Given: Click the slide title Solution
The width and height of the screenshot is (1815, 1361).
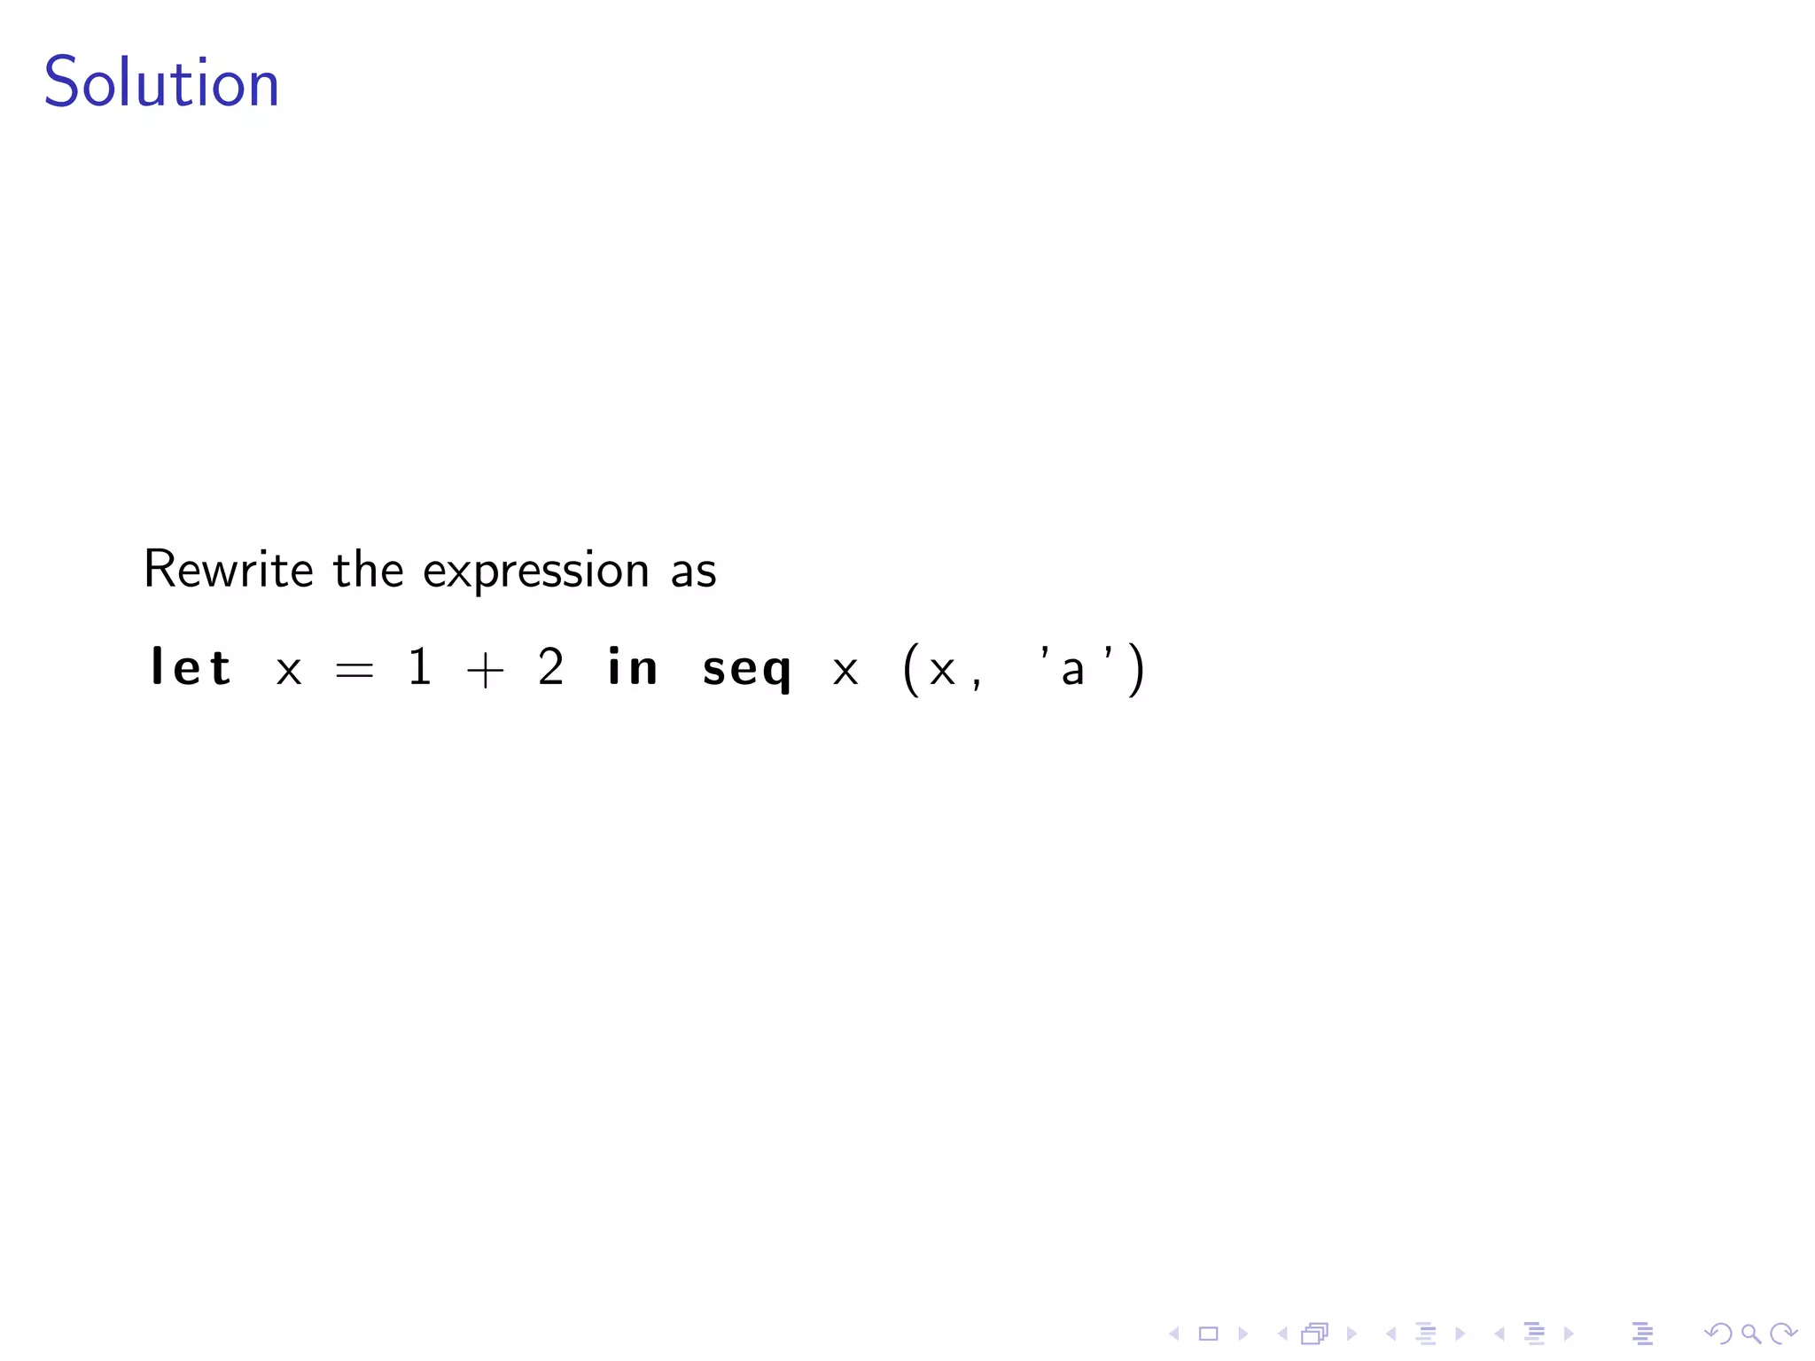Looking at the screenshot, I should [161, 82].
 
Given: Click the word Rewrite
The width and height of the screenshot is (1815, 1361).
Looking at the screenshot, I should [228, 569].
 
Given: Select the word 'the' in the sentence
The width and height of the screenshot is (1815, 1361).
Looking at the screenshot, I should [368, 569].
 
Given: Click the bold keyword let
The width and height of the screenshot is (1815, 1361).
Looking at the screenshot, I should [191, 667].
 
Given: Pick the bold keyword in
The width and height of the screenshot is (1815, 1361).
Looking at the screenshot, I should [632, 667].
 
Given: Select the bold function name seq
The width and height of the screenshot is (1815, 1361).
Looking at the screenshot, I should [746, 670].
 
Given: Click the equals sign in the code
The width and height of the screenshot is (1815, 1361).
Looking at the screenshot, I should [354, 670].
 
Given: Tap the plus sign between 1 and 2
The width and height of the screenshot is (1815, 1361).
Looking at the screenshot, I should [485, 670].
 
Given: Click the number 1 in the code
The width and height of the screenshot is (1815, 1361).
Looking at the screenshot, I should [420, 666].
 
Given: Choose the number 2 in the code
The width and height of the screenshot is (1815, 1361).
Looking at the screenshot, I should [550, 666].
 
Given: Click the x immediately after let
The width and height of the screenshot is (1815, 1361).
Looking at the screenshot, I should [289, 671].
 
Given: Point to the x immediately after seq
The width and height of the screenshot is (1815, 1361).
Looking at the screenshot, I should [845, 671].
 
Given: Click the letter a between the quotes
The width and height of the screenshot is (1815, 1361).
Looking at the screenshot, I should [1072, 671].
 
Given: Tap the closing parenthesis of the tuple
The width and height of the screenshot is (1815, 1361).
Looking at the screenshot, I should [1136, 669].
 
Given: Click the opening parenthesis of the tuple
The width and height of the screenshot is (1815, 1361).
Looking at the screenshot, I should [909, 669].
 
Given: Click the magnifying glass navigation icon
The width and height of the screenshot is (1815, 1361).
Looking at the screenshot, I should [1750, 1334].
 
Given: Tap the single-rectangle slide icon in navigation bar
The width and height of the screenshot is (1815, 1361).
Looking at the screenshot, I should [1208, 1334].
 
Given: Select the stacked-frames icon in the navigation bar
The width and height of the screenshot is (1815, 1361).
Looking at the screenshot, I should [1315, 1334].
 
